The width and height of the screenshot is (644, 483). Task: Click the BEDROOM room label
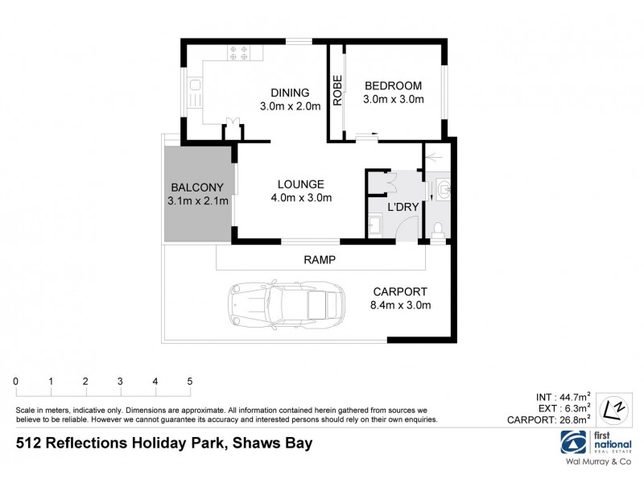tap(394, 85)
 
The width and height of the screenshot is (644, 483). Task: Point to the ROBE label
tap(337, 90)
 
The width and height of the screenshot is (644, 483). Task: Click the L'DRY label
tap(402, 207)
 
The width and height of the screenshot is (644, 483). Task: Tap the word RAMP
tap(319, 259)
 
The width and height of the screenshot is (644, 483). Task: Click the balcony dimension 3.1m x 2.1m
tap(199, 200)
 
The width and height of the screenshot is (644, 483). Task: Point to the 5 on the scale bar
tap(190, 381)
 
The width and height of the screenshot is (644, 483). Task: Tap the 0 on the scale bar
tap(15, 381)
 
